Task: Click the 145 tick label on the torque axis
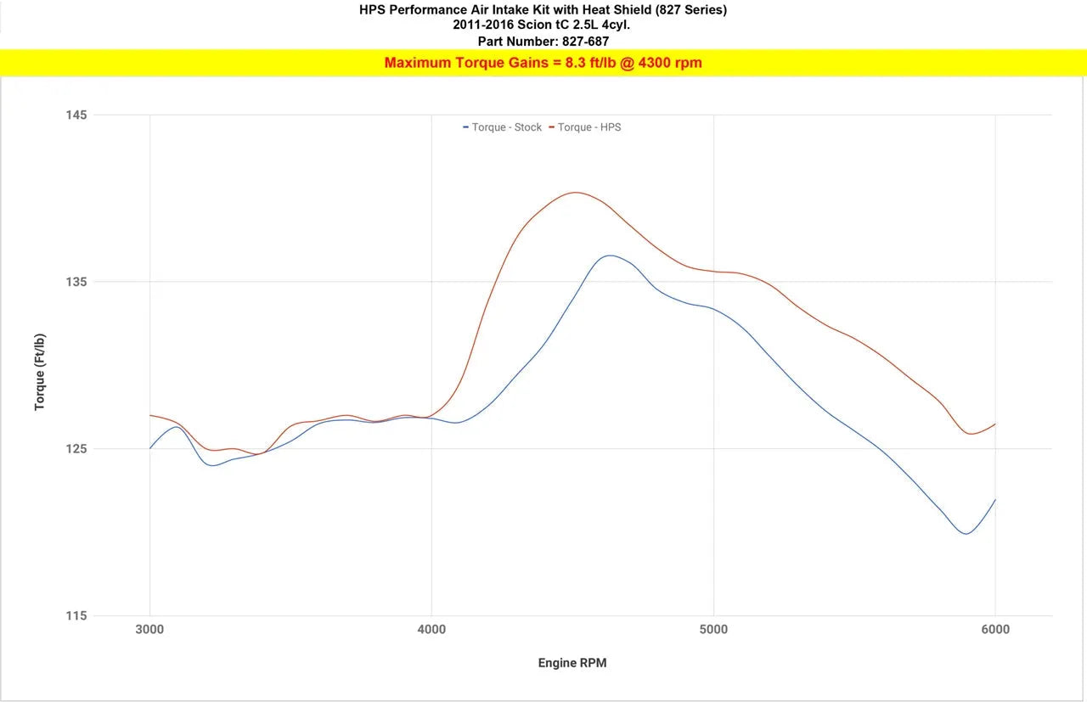(x=76, y=115)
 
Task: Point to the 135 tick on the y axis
(x=76, y=282)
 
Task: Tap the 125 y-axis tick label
(x=76, y=449)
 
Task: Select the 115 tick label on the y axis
(x=76, y=615)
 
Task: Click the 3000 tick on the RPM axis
(x=149, y=630)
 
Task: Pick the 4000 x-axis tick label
(x=431, y=630)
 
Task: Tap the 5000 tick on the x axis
(x=713, y=630)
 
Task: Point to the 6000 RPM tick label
(x=995, y=630)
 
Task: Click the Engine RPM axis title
(x=572, y=663)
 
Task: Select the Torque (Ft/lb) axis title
(x=40, y=372)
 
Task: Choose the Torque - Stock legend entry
(x=502, y=127)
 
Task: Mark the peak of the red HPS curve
(x=576, y=192)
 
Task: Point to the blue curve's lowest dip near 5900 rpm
(x=966, y=534)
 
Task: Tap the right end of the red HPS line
(x=994, y=424)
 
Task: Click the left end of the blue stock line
(x=150, y=448)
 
